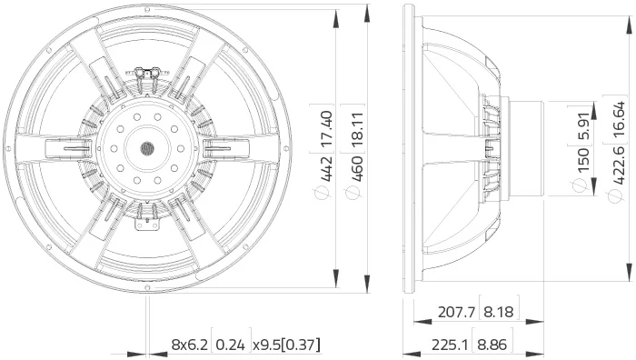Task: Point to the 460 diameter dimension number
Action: [357, 168]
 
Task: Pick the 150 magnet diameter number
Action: [582, 161]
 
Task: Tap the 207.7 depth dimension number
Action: [456, 312]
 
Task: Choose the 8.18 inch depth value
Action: [499, 312]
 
